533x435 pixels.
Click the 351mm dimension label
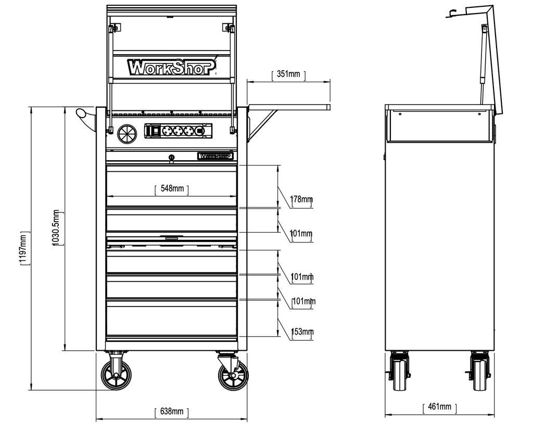pyautogui.click(x=288, y=74)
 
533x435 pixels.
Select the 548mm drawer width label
pyautogui.click(x=172, y=189)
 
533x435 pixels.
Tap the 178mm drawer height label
pyautogui.click(x=302, y=200)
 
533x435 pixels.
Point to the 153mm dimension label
pyautogui.click(x=302, y=332)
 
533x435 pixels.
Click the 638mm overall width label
pyautogui.click(x=172, y=412)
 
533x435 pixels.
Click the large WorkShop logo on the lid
pyautogui.click(x=171, y=67)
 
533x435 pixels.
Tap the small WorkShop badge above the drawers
pyautogui.click(x=215, y=156)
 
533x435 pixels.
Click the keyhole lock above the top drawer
pyautogui.click(x=171, y=157)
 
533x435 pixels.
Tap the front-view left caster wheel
pyautogui.click(x=116, y=375)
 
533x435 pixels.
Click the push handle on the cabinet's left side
pyautogui.click(x=86, y=116)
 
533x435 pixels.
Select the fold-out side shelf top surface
pyautogui.click(x=289, y=107)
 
